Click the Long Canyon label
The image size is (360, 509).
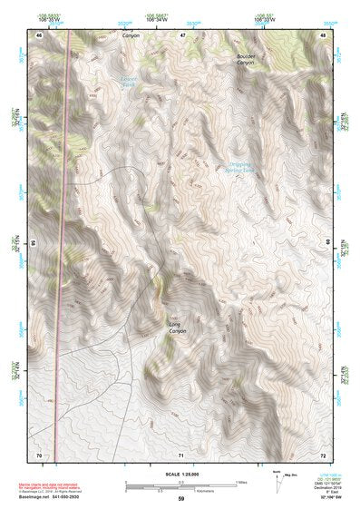coord(177,328)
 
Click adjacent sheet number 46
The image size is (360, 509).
coord(39,35)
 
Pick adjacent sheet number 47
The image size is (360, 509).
coord(181,35)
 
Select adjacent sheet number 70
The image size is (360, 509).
coord(39,453)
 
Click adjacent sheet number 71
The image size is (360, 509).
coord(181,453)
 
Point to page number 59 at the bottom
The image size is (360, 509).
coord(180,498)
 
